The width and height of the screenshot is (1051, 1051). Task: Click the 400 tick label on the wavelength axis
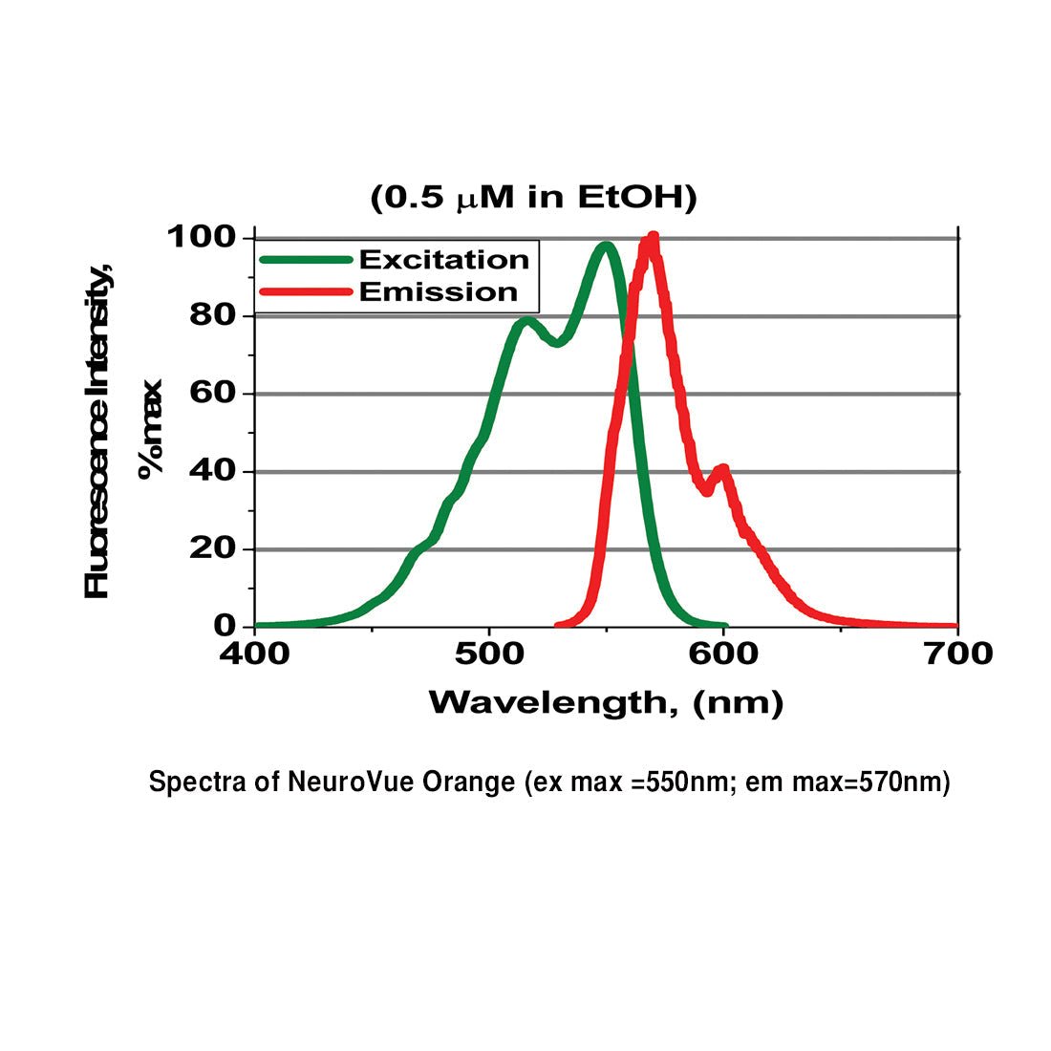pyautogui.click(x=254, y=654)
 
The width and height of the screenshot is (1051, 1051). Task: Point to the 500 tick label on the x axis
pyautogui.click(x=489, y=654)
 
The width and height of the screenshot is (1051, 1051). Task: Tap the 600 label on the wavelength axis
pyautogui.click(x=723, y=654)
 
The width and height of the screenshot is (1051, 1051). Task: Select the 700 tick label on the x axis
pyautogui.click(x=957, y=654)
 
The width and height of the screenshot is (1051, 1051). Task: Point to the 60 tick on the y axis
pyautogui.click(x=212, y=393)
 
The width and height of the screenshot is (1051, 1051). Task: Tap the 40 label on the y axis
pyautogui.click(x=212, y=471)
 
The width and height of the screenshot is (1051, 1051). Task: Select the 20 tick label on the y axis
pyautogui.click(x=212, y=548)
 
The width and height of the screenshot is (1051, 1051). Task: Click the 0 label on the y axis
pyautogui.click(x=225, y=626)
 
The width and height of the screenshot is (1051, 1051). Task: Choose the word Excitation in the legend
pyautogui.click(x=443, y=260)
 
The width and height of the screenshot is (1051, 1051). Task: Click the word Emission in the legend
pyautogui.click(x=438, y=292)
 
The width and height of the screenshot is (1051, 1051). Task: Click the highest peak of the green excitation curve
pyautogui.click(x=606, y=247)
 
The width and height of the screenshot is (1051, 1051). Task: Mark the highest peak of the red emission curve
pyautogui.click(x=652, y=238)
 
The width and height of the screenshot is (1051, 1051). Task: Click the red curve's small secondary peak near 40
pyautogui.click(x=723, y=469)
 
